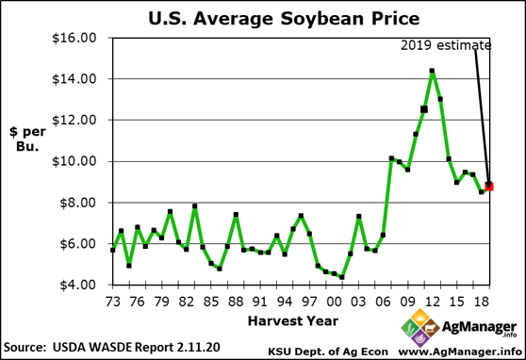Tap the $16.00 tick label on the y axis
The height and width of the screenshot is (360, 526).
(x=75, y=38)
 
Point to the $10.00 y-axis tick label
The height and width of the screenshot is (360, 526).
(x=75, y=161)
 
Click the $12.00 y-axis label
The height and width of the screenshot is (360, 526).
(x=75, y=120)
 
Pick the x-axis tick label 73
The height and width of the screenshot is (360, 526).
(x=113, y=302)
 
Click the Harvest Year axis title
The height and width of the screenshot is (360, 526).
(x=294, y=321)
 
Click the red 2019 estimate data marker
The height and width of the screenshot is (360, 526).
(x=489, y=186)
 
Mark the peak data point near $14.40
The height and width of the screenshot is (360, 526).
(x=432, y=71)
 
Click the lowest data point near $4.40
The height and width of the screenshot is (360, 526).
(x=341, y=277)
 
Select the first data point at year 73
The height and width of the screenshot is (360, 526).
(x=113, y=250)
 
